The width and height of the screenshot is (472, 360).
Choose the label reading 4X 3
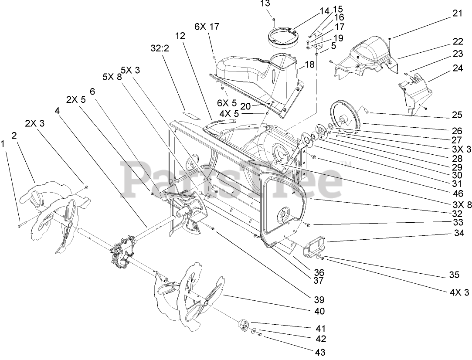(459, 292)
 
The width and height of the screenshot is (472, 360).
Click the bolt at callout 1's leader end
(20, 225)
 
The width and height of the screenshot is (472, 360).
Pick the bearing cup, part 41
(243, 325)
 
